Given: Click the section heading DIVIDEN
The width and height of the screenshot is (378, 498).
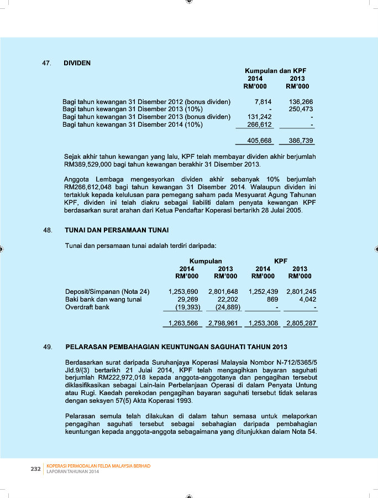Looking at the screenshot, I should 77,63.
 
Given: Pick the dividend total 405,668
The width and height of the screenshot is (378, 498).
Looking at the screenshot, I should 259,141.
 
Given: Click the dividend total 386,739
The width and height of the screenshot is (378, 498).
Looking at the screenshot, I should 301,141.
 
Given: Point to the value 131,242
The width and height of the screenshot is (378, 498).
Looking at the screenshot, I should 259,117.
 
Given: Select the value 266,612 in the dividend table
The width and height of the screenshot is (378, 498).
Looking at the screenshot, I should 259,124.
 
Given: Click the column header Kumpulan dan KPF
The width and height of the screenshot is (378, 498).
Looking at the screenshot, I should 275,71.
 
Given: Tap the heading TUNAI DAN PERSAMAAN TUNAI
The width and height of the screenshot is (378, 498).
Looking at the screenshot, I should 117,230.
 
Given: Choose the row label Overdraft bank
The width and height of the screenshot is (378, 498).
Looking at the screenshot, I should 87,307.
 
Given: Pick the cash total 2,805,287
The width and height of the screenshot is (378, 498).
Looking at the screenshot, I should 301,323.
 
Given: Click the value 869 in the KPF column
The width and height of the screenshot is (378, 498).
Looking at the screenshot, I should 271,299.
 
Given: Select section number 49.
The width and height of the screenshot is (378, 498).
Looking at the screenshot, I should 47,347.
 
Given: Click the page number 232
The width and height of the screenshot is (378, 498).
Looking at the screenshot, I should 35,469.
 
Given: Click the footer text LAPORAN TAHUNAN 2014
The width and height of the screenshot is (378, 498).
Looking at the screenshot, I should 73,471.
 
